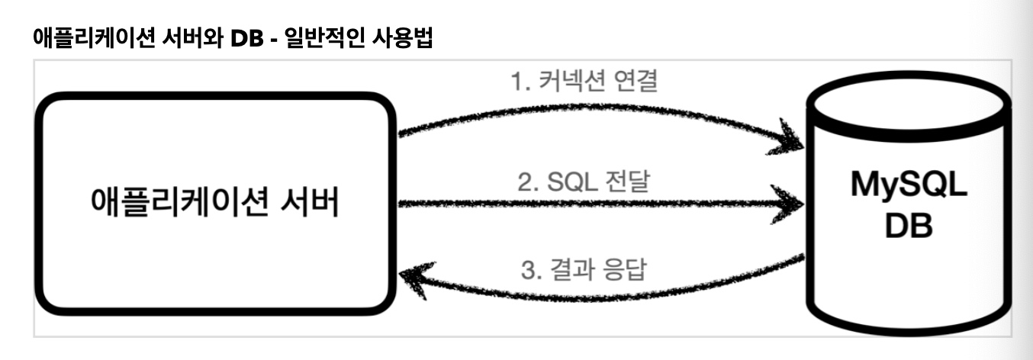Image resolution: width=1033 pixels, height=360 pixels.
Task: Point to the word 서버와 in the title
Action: (x=191, y=37)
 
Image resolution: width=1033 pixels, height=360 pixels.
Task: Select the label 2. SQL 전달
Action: (x=584, y=182)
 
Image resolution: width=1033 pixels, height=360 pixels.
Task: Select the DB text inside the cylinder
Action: (x=908, y=228)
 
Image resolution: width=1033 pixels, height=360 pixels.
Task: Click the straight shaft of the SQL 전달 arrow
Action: (x=587, y=204)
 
